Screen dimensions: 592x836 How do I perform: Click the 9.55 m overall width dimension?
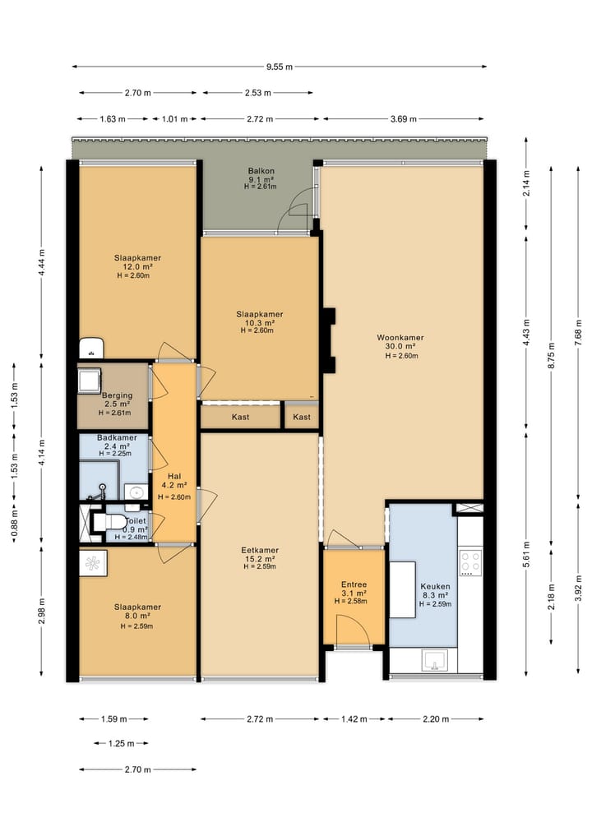279,67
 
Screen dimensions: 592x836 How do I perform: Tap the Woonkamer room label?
400,338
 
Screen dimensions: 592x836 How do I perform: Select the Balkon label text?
261,171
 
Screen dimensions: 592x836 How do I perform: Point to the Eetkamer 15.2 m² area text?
260,559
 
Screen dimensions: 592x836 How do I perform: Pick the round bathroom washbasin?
136,492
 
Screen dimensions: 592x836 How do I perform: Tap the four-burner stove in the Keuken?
471,562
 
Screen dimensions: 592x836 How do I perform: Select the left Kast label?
241,417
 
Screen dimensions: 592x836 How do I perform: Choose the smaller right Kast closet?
301,417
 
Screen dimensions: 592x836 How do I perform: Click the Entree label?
354,584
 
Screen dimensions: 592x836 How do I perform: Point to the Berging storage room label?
118,395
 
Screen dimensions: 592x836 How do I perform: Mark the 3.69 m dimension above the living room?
403,119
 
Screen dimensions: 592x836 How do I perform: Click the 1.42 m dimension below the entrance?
354,718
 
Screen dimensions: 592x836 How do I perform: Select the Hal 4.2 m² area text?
174,485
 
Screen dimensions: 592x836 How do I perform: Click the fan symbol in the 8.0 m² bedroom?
93,563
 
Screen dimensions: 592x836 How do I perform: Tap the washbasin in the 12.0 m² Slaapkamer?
91,349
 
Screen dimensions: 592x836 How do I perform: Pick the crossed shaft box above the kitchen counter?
469,509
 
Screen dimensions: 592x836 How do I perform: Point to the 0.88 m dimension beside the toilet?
15,523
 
